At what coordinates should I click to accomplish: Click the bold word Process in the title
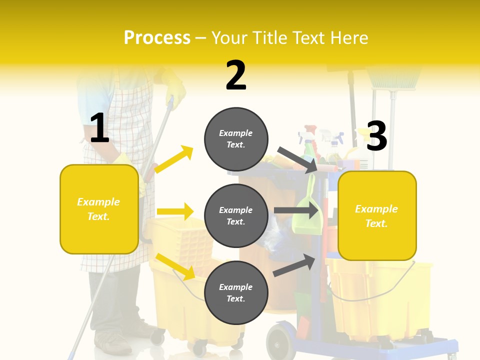click(x=157, y=37)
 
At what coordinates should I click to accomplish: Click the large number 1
click(x=99, y=128)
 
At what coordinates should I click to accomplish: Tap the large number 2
click(x=236, y=75)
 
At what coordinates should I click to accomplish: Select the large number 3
click(x=376, y=136)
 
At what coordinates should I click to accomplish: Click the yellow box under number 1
click(x=99, y=209)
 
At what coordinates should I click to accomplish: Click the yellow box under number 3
click(x=377, y=215)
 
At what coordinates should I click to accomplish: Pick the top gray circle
click(x=236, y=139)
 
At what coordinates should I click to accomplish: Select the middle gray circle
click(x=236, y=215)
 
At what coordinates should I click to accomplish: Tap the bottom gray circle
click(x=236, y=292)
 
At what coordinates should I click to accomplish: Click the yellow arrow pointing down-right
click(x=175, y=266)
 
